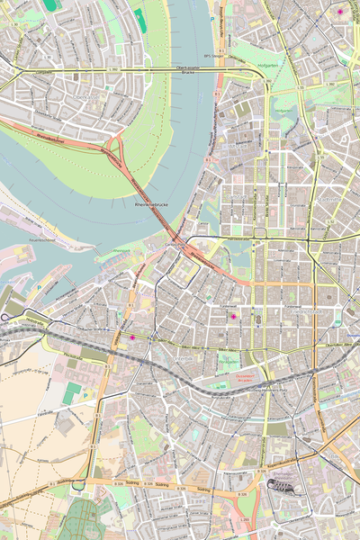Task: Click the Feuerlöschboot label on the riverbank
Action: (x=42, y=241)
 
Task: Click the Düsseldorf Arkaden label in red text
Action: (x=245, y=378)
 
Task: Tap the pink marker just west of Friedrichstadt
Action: (x=233, y=317)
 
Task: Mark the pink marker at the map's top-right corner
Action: (x=341, y=12)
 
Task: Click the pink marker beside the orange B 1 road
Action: (x=131, y=337)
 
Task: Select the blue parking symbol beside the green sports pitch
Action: (x=85, y=392)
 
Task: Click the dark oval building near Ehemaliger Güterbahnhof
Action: (x=282, y=485)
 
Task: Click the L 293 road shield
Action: (x=245, y=521)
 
